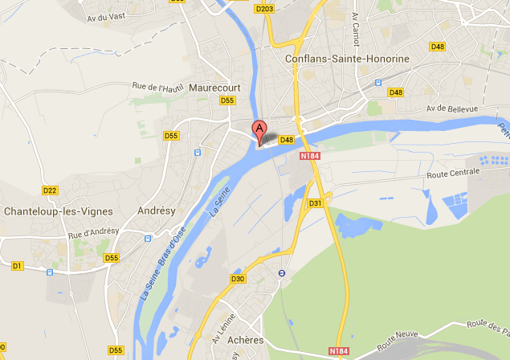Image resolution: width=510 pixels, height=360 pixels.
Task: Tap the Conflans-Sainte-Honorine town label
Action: click(x=348, y=59)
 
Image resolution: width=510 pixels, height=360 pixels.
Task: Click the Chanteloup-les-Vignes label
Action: click(x=55, y=211)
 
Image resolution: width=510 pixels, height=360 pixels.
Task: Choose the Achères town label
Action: click(x=246, y=340)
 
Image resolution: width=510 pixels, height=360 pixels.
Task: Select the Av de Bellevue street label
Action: click(x=452, y=109)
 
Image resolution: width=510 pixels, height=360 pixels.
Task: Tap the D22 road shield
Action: click(x=50, y=190)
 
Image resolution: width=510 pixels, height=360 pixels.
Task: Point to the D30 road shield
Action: click(x=238, y=279)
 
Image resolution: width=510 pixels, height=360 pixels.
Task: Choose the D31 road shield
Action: click(x=315, y=203)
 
